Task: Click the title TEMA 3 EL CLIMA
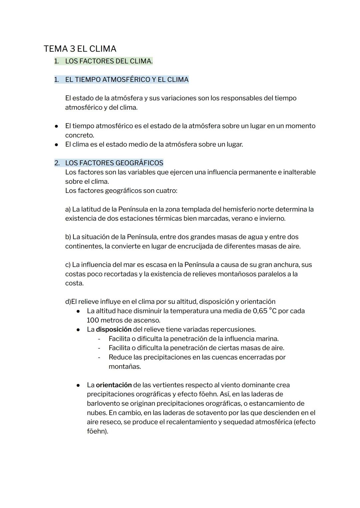point(80,49)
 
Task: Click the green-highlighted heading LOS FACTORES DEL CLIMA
point(109,61)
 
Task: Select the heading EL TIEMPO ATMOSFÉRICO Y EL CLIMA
point(127,80)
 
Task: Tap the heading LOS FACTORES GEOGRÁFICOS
point(114,163)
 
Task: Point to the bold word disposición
point(114,329)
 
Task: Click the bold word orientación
point(114,385)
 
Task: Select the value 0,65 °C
point(265,311)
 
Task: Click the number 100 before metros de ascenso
point(93,320)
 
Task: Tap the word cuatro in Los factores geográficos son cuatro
point(166,191)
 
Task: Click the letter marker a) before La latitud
point(68,210)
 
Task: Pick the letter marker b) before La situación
point(68,237)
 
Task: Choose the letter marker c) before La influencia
point(68,265)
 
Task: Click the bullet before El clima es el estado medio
point(57,145)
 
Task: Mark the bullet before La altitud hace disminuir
point(78,311)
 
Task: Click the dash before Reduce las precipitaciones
point(99,357)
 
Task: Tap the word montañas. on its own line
point(125,367)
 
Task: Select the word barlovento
point(103,404)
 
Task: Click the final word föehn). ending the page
point(97,431)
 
